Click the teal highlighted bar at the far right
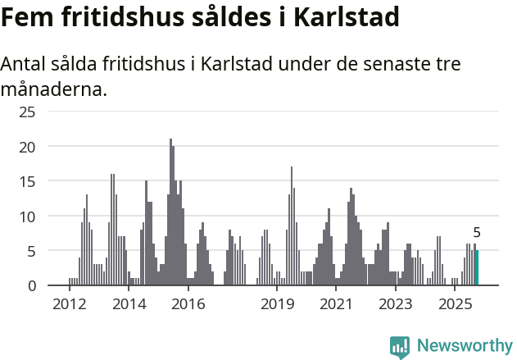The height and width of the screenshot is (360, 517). tap(477, 268)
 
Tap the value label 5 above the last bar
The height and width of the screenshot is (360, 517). tap(477, 233)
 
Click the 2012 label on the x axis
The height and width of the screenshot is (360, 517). tap(69, 304)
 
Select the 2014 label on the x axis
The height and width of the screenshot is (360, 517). tap(129, 304)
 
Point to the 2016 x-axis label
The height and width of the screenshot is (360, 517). tap(188, 304)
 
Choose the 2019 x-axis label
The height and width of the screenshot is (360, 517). tap(278, 304)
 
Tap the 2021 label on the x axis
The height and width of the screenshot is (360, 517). tap(336, 304)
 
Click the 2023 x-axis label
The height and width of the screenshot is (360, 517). tap(396, 304)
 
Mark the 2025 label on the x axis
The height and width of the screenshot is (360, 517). tap(455, 304)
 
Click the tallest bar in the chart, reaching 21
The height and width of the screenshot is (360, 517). tap(170, 212)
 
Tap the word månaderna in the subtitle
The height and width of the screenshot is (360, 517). tap(54, 88)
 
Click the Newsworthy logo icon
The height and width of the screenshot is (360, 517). tap(399, 347)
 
